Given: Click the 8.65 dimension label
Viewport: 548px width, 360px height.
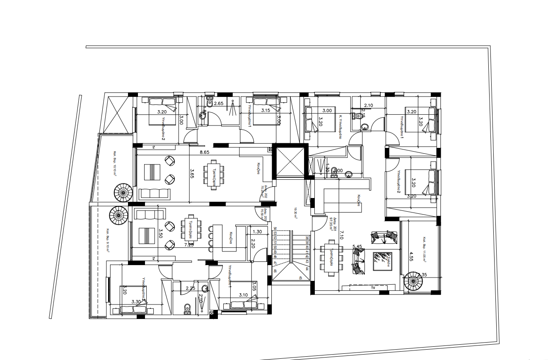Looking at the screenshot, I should pos(204,152).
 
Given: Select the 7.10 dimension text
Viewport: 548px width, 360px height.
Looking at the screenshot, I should pos(340,235).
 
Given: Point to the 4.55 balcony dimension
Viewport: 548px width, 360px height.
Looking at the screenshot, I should pos(411,255).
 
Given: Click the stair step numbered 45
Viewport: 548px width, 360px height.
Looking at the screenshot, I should pos(300,278).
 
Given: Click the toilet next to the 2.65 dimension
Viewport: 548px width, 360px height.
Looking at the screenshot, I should pos(210,102).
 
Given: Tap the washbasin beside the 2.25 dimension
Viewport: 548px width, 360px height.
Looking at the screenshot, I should pos(205,288).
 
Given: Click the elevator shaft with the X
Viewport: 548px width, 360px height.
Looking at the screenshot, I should pos(290,161).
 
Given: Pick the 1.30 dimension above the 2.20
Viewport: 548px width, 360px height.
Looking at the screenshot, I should pos(257,232).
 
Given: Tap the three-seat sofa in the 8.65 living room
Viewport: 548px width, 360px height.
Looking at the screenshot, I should pos(155,193).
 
